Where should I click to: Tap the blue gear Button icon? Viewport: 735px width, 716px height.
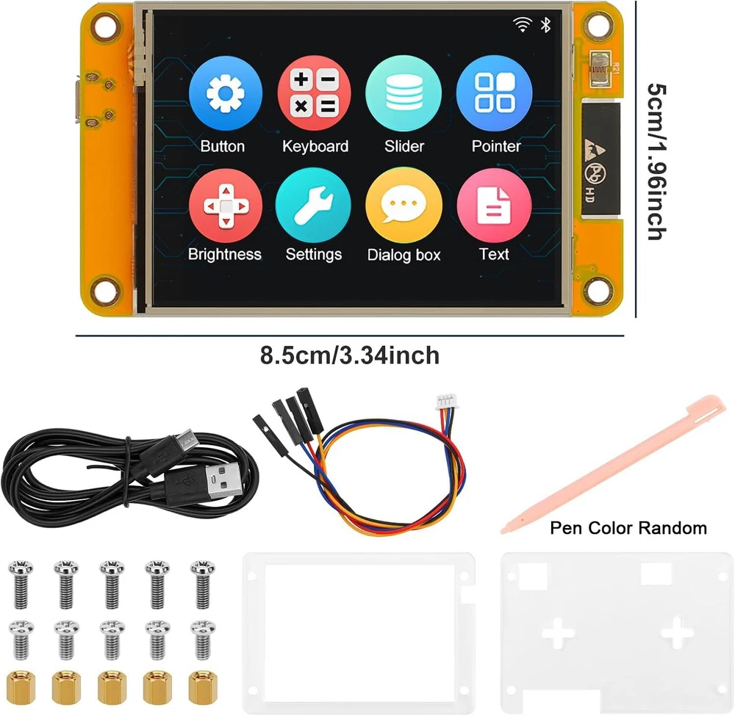(x=225, y=93)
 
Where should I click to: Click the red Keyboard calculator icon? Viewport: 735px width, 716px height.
(x=315, y=93)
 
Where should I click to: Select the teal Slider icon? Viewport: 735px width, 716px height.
(x=404, y=93)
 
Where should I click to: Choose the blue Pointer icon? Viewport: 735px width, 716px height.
(x=494, y=93)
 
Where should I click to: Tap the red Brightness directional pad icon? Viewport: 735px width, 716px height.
(x=225, y=206)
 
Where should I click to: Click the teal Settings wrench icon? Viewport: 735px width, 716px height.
(x=314, y=206)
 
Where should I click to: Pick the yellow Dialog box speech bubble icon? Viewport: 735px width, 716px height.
(x=404, y=206)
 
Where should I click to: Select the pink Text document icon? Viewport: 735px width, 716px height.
(x=494, y=206)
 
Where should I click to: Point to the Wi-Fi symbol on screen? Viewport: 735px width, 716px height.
(x=523, y=25)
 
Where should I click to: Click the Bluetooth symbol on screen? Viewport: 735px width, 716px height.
(x=545, y=25)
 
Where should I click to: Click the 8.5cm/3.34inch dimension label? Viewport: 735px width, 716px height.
(x=349, y=356)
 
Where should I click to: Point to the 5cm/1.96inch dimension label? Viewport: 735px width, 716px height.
(x=656, y=160)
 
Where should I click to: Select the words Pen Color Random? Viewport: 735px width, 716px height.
(x=628, y=528)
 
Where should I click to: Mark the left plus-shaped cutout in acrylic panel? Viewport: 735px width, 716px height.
(x=558, y=632)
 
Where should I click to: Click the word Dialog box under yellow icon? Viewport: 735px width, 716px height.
(x=404, y=255)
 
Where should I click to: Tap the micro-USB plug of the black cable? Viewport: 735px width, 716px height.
(x=184, y=442)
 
